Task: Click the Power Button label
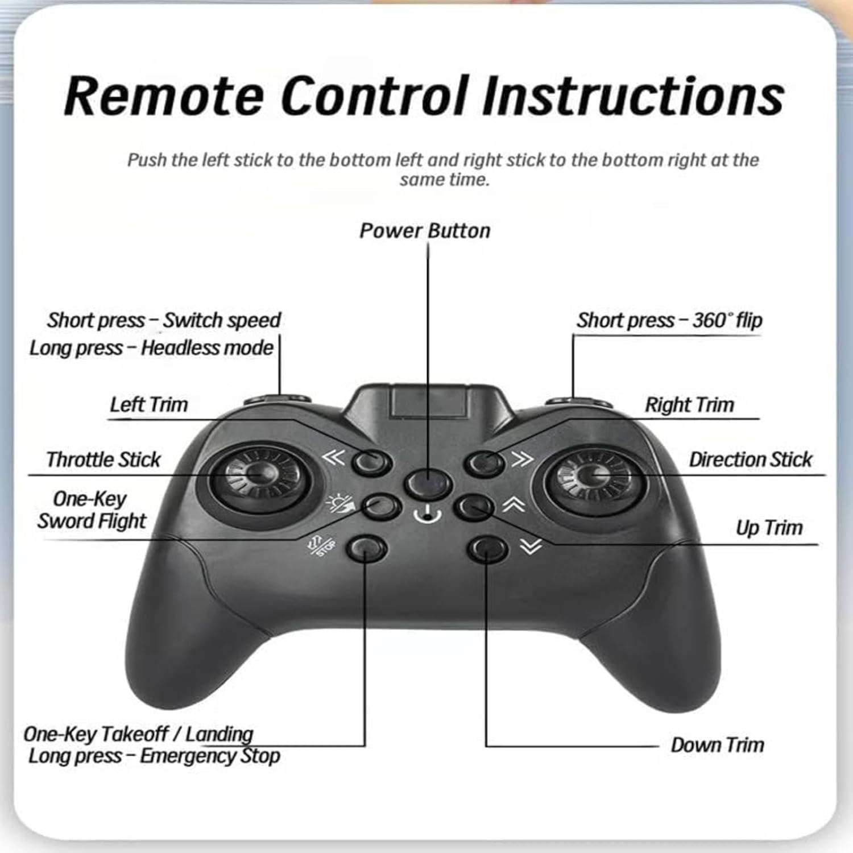425,231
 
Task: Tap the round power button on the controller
428,484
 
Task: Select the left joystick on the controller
259,474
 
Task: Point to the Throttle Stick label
103,459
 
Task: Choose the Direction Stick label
750,459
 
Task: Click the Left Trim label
148,405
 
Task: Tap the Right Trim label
689,405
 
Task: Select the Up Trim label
769,528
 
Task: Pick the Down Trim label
717,745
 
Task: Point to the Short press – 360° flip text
669,321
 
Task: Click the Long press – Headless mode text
151,348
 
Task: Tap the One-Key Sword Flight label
91,510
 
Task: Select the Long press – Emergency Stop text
154,756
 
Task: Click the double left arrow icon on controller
333,458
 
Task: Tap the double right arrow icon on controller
523,458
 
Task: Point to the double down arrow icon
531,546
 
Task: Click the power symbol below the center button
428,515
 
